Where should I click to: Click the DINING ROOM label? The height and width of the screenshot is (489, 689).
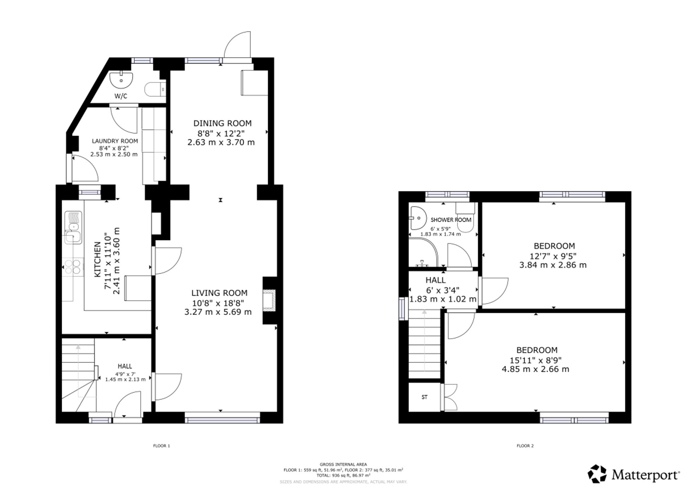tap(222, 123)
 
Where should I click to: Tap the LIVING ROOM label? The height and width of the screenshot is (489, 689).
tap(219, 293)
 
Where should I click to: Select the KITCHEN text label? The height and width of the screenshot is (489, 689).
tap(98, 259)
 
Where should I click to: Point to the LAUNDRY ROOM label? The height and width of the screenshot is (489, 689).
tap(115, 141)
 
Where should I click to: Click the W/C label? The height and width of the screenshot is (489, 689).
tap(121, 96)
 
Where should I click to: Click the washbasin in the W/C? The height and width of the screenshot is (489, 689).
tap(121, 80)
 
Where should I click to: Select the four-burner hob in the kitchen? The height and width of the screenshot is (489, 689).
tap(73, 267)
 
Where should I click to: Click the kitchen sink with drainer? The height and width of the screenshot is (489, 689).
tap(73, 227)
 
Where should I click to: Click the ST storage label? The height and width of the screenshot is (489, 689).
tap(424, 397)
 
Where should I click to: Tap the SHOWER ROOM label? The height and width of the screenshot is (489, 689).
tap(451, 220)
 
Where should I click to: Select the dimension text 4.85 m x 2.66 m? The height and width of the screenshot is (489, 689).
tap(535, 369)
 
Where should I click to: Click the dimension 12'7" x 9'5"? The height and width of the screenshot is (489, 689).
tap(553, 256)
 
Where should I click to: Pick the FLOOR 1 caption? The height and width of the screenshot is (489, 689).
tap(162, 446)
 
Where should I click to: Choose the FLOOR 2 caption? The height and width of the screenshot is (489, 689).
tap(525, 446)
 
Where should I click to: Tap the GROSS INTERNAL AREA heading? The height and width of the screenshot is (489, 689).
tap(343, 465)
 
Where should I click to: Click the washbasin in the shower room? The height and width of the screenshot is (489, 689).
tap(418, 218)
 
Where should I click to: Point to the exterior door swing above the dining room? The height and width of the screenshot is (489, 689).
tap(237, 44)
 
